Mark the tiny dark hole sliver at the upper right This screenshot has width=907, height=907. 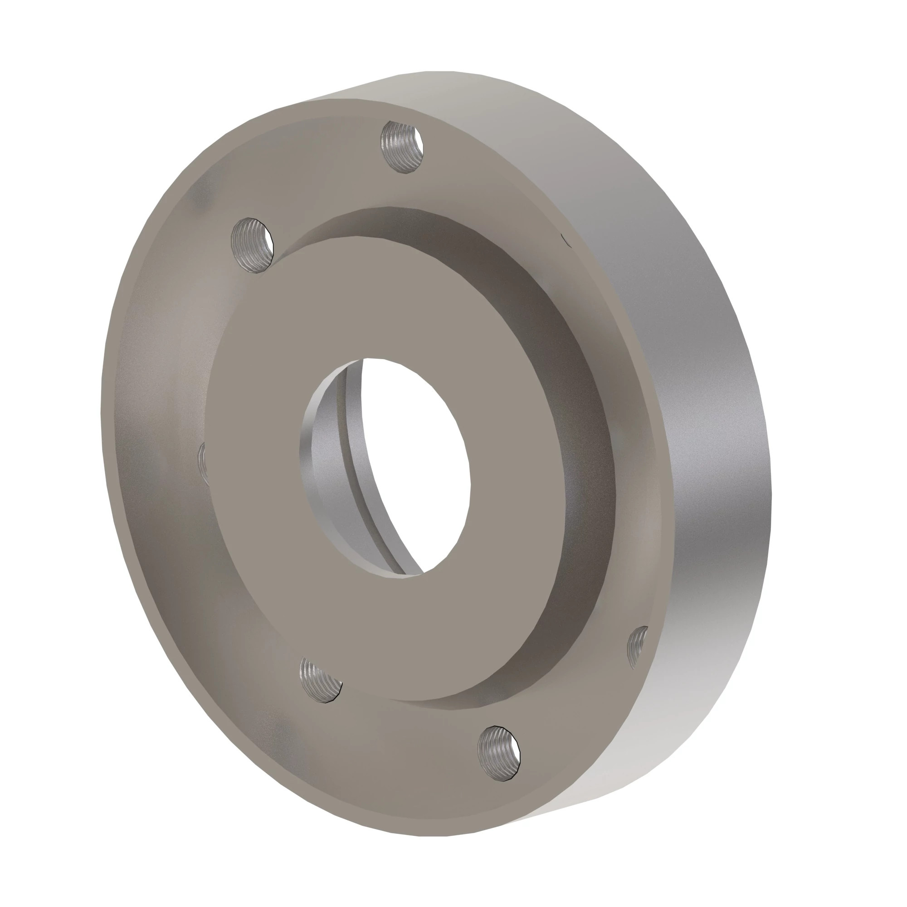coord(566,240)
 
